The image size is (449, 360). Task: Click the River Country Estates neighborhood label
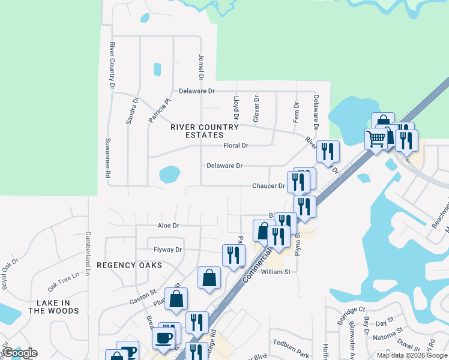tap(205, 131)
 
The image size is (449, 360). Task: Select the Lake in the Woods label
tap(53, 307)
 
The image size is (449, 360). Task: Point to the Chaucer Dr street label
tap(268, 186)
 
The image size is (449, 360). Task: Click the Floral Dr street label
tap(235, 145)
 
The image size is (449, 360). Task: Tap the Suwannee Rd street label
tap(108, 166)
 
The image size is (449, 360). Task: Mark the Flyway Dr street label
tap(167, 249)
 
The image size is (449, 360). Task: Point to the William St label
tap(276, 272)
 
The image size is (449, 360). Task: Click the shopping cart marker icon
tap(376, 140)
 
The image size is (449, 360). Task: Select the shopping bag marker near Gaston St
tap(176, 298)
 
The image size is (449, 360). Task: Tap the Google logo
tap(20, 353)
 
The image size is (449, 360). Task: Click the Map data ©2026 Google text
tap(411, 355)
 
